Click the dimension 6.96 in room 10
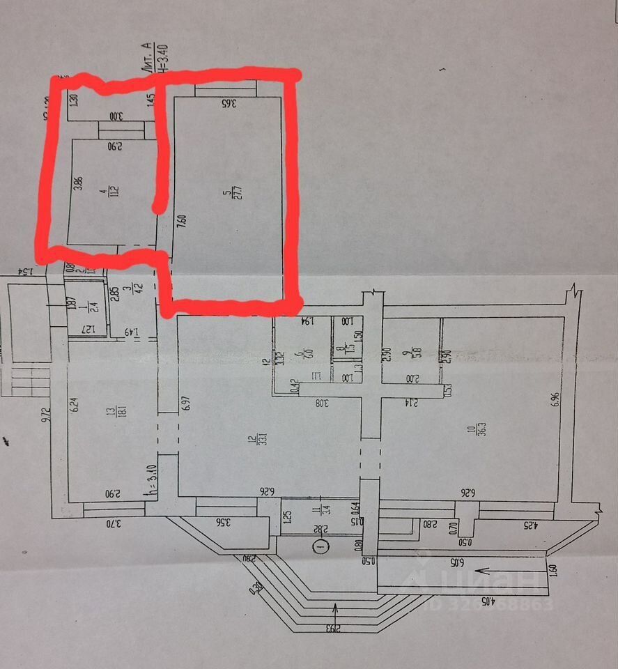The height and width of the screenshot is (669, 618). [x=555, y=399]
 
